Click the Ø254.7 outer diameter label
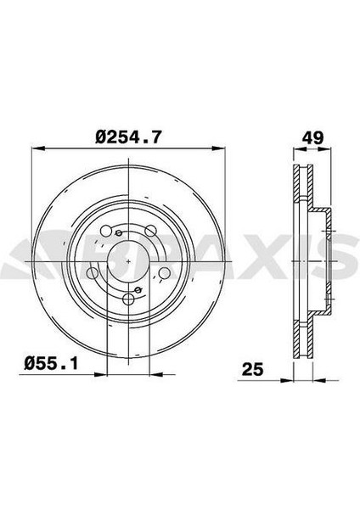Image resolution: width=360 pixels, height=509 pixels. [x=128, y=137]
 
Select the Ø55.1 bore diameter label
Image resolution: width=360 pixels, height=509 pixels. [x=51, y=364]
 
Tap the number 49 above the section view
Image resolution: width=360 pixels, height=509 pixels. [x=312, y=137]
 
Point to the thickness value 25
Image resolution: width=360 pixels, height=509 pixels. [x=252, y=369]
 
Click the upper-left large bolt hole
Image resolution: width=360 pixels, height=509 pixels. [x=106, y=232]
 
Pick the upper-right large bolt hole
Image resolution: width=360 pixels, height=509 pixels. [x=150, y=231]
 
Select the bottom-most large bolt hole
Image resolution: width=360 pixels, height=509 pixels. [x=128, y=299]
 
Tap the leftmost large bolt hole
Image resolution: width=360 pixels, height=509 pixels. [x=93, y=273]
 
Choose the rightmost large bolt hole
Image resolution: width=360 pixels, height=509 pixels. [x=164, y=273]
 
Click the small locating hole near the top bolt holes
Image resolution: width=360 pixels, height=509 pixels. [x=119, y=232]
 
